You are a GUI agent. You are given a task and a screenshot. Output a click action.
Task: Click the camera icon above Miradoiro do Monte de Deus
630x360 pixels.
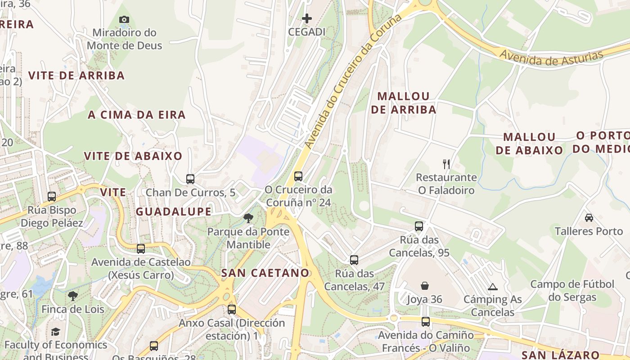[x=124, y=19]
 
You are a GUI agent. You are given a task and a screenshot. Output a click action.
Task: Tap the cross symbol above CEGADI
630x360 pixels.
[x=307, y=18]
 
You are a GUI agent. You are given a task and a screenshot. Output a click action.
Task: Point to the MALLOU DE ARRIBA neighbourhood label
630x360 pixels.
[x=404, y=103]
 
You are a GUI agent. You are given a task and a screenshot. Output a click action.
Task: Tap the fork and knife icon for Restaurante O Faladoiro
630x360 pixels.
[x=446, y=164]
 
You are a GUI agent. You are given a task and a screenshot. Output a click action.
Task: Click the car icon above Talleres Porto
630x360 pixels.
[x=589, y=218]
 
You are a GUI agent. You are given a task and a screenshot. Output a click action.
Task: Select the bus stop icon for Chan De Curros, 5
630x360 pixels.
[x=190, y=179]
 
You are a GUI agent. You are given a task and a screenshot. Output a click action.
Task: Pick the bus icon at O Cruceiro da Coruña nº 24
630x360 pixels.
[x=298, y=176]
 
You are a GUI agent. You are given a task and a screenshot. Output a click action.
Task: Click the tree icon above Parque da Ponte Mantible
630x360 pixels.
[x=248, y=219]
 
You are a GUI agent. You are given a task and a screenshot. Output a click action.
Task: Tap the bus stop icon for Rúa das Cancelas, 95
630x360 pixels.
[x=419, y=226]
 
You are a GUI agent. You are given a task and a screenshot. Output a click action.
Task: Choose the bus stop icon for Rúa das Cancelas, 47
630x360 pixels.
[x=354, y=260]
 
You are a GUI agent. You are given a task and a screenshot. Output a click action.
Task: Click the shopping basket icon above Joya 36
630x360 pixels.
[x=425, y=286]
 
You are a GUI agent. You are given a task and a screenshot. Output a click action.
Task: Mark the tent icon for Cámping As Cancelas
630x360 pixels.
[x=493, y=287]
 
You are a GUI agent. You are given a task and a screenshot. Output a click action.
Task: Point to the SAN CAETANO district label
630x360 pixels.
[x=265, y=273]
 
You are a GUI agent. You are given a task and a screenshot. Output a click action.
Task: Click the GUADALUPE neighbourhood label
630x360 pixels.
[x=174, y=211]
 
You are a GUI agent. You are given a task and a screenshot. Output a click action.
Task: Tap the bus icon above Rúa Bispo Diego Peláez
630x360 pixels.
[x=52, y=197]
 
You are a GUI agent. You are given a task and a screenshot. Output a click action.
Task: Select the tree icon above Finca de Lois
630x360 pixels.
[x=72, y=296]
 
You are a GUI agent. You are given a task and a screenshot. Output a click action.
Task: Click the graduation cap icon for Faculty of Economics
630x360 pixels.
[x=55, y=332]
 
